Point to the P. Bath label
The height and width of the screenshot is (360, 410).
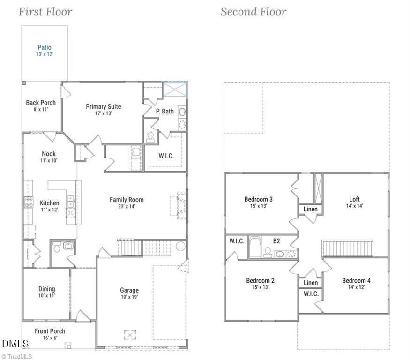164,111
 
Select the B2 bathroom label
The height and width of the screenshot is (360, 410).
276,241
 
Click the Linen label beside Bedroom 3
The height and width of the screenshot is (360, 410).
310,209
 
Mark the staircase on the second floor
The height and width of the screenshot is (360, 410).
347,248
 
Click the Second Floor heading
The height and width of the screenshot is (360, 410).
253,12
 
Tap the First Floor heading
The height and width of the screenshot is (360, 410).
45,12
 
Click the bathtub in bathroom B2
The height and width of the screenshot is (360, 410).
256,247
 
